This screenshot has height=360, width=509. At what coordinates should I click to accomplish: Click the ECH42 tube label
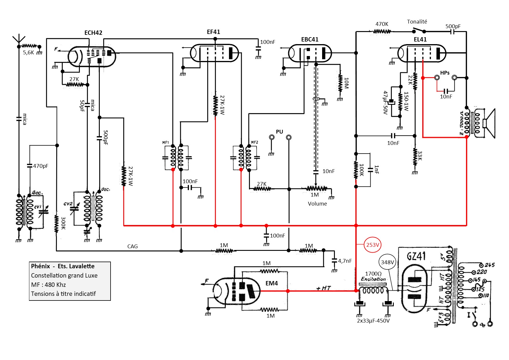93,33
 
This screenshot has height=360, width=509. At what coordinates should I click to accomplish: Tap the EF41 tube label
213,32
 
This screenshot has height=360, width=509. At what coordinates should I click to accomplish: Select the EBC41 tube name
310,39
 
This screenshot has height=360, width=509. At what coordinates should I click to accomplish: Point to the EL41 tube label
420,39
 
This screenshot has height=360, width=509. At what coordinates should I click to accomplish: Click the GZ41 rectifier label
416,256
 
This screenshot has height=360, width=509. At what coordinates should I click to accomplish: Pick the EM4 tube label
272,283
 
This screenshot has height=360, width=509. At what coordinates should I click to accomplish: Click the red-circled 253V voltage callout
373,245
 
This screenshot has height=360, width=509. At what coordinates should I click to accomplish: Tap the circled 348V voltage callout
387,262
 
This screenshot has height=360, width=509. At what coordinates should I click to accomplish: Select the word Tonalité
417,22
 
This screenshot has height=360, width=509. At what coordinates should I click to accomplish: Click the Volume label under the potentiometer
317,204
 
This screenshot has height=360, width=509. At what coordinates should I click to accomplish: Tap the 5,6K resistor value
28,53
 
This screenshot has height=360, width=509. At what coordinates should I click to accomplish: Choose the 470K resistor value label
382,24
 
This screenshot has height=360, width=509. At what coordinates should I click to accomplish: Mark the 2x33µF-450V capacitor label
373,321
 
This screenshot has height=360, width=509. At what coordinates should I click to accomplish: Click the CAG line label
132,246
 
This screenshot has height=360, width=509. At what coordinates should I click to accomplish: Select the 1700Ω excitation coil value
373,274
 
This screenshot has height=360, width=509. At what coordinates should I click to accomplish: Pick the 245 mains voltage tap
489,265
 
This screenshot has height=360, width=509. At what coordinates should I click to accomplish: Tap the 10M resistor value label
346,83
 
